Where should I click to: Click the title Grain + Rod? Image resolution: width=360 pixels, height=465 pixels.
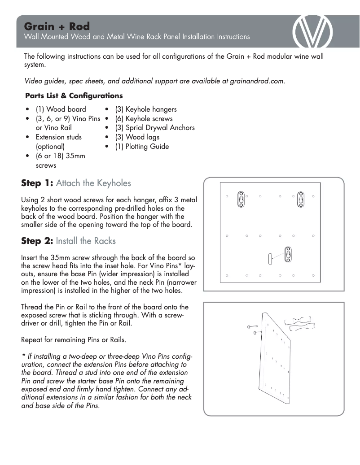(x=57, y=26)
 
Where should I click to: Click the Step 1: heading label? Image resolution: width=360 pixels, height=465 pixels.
(x=37, y=183)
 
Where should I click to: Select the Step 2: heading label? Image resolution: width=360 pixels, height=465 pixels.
(x=37, y=241)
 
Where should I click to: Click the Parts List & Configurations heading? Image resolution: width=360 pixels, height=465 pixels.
(x=74, y=96)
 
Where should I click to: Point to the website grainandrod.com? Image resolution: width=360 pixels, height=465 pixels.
(x=257, y=81)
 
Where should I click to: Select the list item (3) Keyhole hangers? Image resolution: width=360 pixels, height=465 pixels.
(x=145, y=109)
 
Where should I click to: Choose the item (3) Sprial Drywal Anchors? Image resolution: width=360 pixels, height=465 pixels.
(x=154, y=128)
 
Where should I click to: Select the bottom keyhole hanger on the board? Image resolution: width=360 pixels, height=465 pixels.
(x=289, y=254)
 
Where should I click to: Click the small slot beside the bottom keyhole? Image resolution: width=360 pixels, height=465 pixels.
(x=270, y=258)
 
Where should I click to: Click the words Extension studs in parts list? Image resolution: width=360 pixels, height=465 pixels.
(x=58, y=137)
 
